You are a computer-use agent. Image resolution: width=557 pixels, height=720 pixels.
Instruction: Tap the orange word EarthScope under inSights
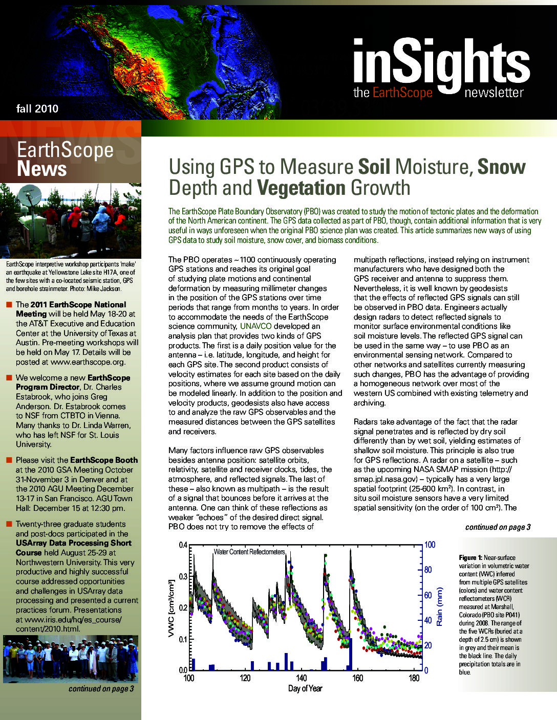pyautogui.click(x=402, y=93)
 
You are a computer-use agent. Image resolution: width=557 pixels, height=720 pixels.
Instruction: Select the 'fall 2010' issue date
pyautogui.click(x=37, y=108)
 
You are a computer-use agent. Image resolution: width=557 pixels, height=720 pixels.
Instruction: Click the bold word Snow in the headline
pyautogui.click(x=501, y=167)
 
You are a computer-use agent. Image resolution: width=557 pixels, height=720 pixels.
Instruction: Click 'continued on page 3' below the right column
pyautogui.click(x=498, y=527)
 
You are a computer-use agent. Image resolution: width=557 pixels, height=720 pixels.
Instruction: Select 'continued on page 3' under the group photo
pyautogui.click(x=101, y=689)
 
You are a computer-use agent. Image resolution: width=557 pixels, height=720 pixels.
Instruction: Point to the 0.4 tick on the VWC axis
pyautogui.click(x=183, y=545)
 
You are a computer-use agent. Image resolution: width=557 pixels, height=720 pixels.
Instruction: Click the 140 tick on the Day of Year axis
pyautogui.click(x=302, y=678)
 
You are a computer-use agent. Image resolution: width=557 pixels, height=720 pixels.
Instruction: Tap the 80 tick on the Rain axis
pyautogui.click(x=430, y=570)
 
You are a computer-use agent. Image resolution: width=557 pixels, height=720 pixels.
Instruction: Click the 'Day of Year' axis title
pyautogui.click(x=305, y=688)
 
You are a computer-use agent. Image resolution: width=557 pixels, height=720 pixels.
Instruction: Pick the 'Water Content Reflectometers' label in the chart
pyautogui.click(x=249, y=552)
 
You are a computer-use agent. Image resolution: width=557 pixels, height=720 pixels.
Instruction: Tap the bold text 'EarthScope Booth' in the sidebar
pyautogui.click(x=104, y=460)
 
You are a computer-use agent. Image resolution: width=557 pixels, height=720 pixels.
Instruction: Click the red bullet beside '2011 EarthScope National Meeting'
pyautogui.click(x=9, y=305)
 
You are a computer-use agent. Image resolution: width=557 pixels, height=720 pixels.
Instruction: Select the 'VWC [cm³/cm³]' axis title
pyautogui.click(x=172, y=607)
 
